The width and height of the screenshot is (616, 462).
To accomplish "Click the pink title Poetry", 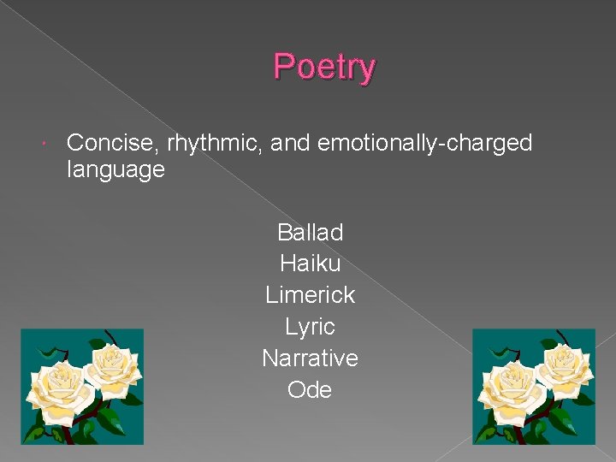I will (x=324, y=68).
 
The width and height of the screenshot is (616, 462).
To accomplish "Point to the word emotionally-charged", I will (x=424, y=143).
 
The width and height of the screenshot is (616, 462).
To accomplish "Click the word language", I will (x=115, y=169).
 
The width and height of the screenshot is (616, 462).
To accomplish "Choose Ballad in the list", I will (x=310, y=233).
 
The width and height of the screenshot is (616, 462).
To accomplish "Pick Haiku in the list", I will (x=310, y=264).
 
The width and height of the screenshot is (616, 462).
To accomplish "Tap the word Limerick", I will (x=310, y=295).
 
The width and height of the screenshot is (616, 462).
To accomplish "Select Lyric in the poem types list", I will (x=310, y=327).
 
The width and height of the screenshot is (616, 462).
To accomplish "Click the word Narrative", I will (x=310, y=358).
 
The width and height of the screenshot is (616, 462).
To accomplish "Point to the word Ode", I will (x=310, y=389).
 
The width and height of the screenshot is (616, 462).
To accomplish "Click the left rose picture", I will (x=82, y=387).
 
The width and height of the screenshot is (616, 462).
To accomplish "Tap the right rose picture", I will (x=534, y=387).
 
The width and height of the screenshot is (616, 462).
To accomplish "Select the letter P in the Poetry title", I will (x=283, y=67).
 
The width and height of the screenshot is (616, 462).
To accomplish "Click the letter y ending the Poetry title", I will (x=366, y=70).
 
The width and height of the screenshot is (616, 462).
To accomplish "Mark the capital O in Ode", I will (x=297, y=389).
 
